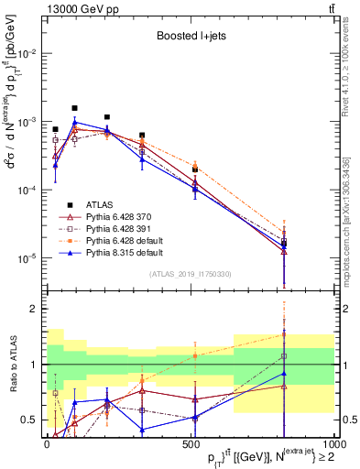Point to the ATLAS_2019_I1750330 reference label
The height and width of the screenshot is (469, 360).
188,273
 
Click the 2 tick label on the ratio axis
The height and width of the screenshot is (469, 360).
34,309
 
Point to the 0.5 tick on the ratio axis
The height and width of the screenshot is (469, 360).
29,420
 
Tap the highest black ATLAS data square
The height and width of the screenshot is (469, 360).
75,108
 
